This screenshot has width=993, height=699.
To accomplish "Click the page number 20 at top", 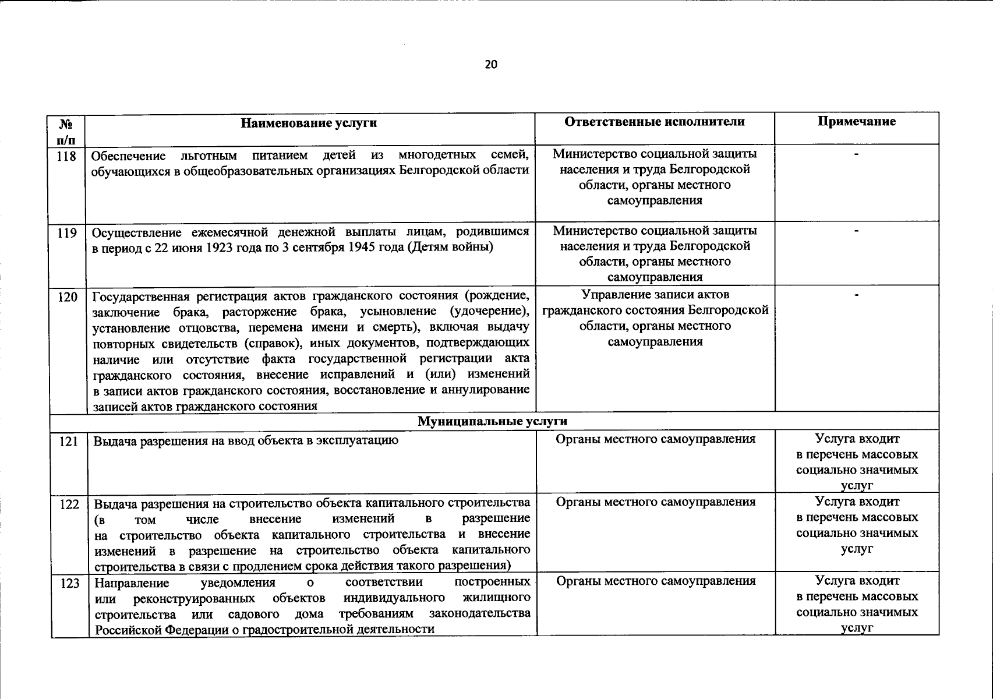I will coord(491,65).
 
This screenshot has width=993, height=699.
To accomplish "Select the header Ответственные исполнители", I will coord(655,122).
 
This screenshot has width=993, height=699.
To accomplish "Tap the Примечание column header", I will coord(856,122).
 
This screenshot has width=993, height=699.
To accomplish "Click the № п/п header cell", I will coord(67,132).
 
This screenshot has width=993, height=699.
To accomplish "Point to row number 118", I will coord(68,156).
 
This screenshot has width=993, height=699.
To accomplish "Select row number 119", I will coord(68,234).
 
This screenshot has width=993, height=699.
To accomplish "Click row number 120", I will coord(68,297).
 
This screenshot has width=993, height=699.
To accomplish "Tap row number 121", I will coord(69,442).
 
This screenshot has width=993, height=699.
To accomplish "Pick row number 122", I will coord(69,504).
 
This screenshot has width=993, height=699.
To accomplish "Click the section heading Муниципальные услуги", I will coord(492,421).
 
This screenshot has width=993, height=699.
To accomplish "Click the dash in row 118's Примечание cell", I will coord(856,154).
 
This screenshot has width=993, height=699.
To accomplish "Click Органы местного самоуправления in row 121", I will coord(656,439).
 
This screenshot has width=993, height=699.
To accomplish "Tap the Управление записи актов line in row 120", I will coord(655,295).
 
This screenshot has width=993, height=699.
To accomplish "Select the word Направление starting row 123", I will coord(132,582).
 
